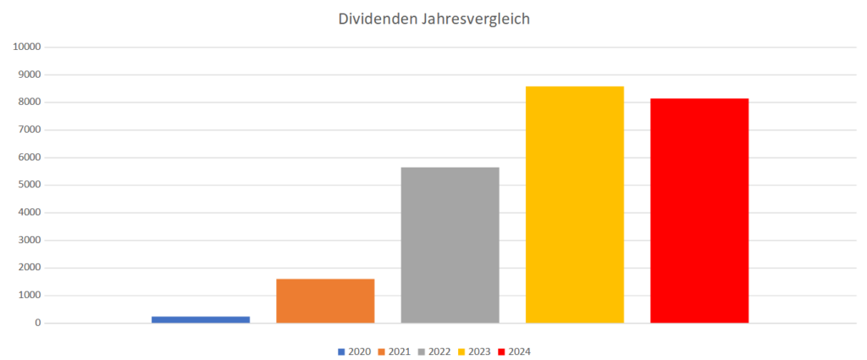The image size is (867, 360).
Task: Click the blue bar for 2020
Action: (201, 319)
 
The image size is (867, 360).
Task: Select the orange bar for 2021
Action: (325, 301)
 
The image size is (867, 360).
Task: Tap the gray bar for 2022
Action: (450, 245)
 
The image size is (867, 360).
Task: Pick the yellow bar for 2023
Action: (574, 204)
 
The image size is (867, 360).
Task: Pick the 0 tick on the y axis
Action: (38, 324)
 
